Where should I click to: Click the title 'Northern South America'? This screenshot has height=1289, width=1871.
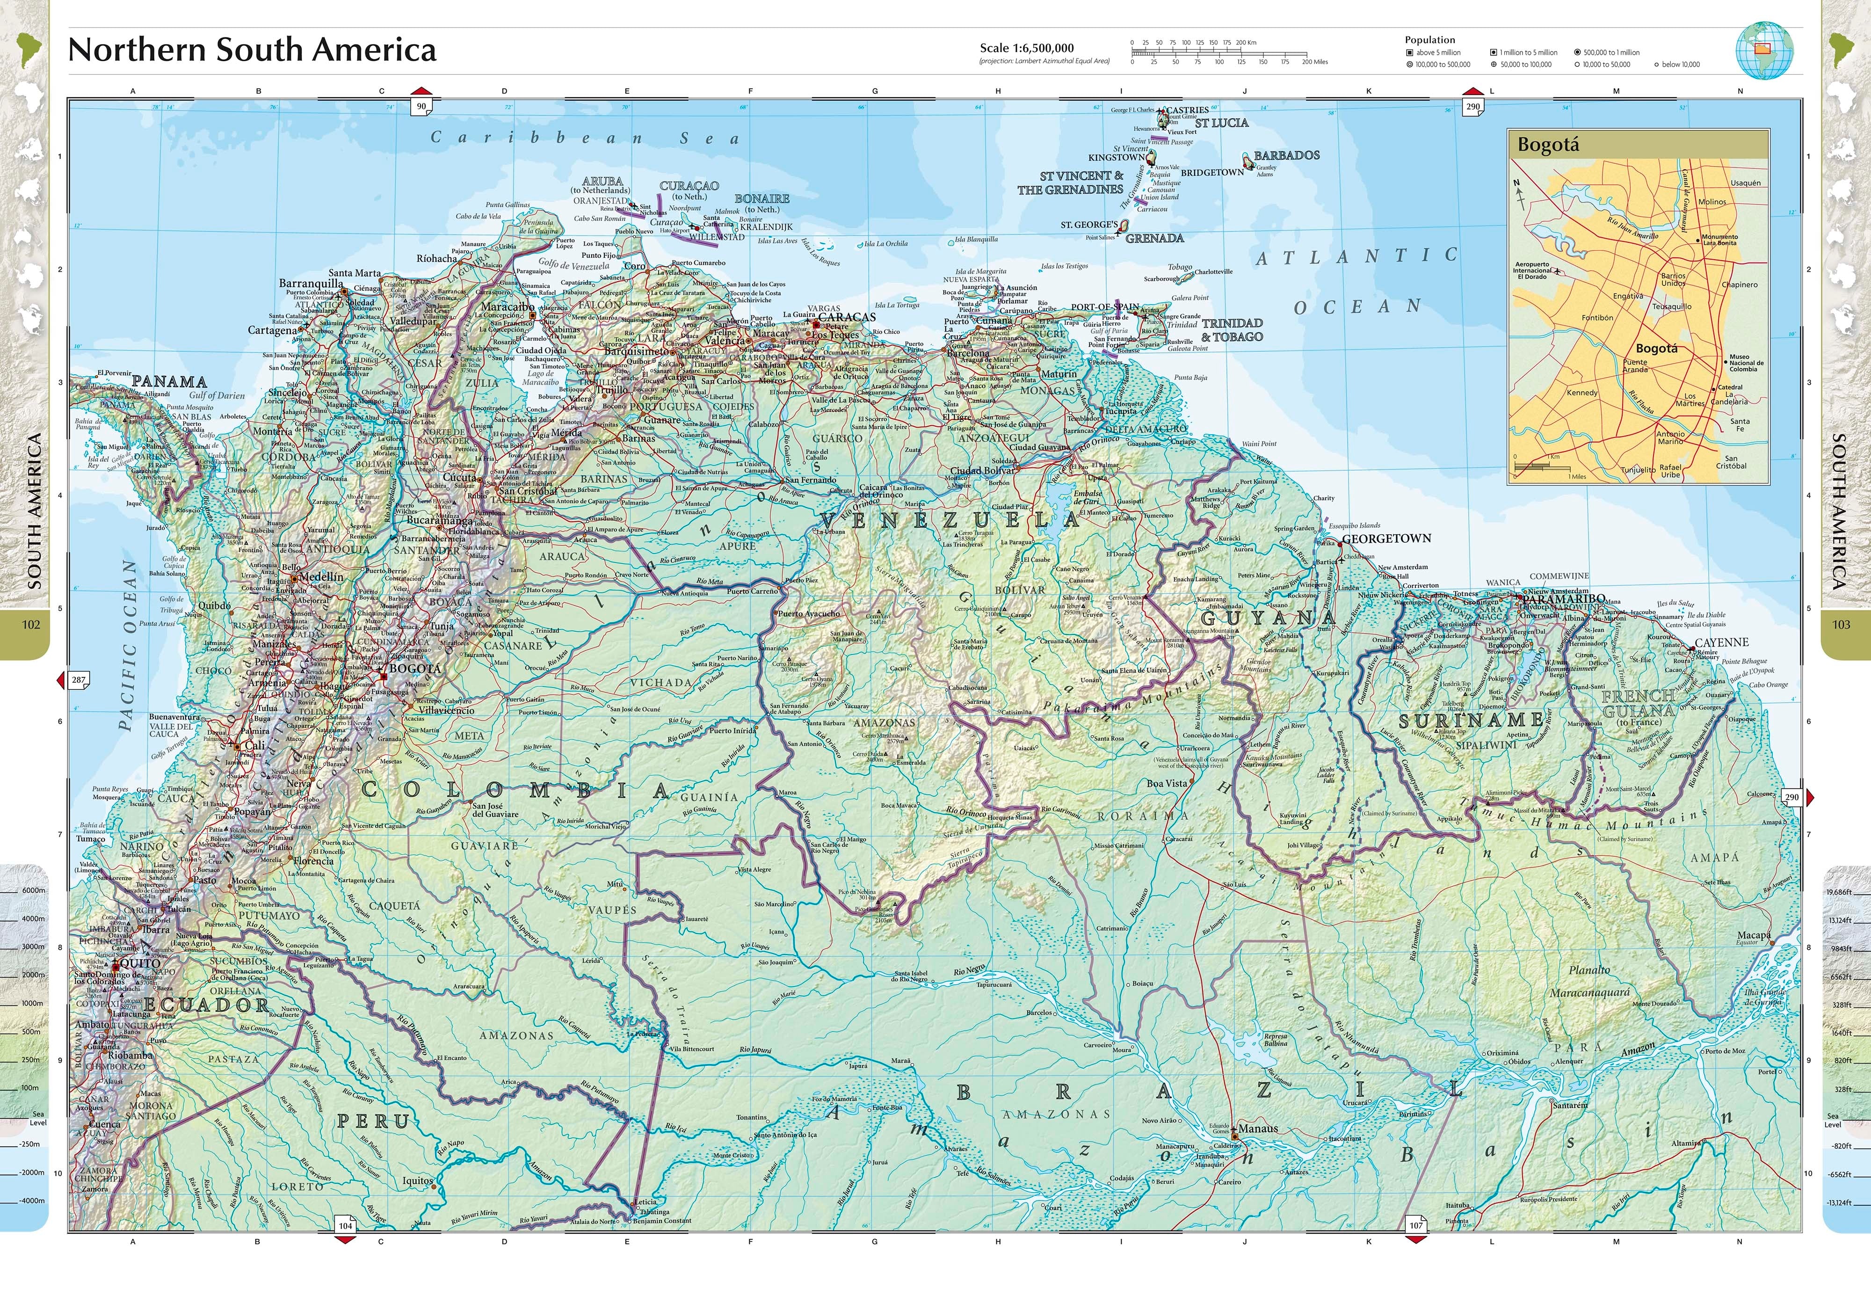click(252, 50)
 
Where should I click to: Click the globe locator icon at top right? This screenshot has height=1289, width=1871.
click(1764, 50)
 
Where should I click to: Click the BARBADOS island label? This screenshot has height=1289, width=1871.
click(1286, 155)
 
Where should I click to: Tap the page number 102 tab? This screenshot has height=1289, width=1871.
click(31, 624)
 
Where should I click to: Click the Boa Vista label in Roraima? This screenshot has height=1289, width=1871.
click(1167, 783)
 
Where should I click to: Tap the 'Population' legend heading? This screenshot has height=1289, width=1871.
click(1429, 40)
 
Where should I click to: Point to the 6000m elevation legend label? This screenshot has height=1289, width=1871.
click(33, 890)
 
